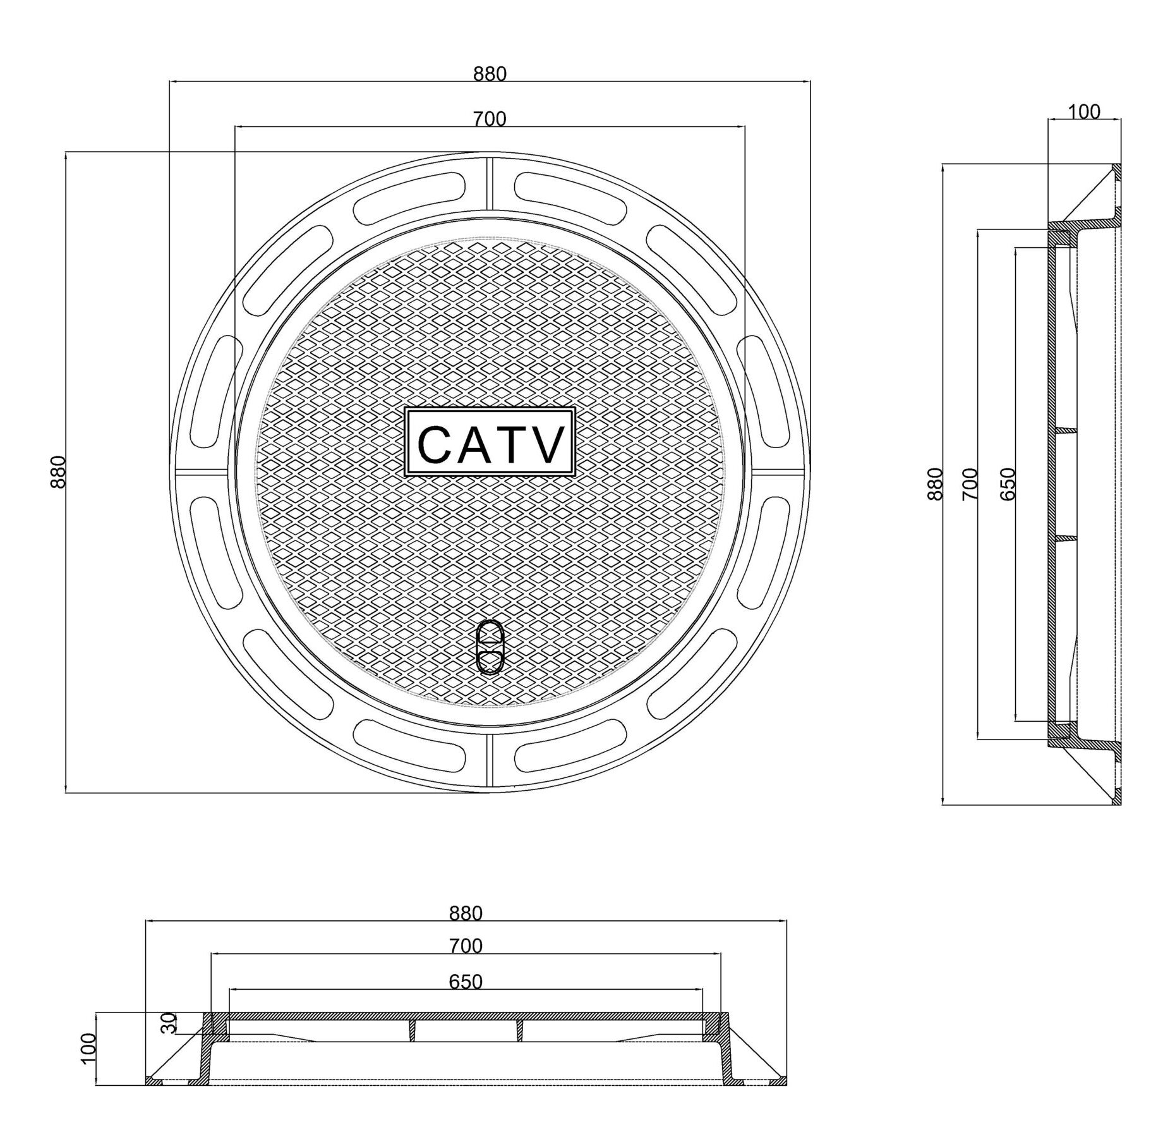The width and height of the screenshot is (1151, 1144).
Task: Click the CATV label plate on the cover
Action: click(x=489, y=442)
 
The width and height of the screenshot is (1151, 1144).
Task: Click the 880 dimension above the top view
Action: click(x=490, y=75)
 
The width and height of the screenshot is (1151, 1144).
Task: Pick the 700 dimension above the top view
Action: click(x=490, y=119)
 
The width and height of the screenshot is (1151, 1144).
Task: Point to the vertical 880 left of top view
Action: click(x=57, y=472)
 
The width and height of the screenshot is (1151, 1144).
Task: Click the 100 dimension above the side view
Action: click(x=1084, y=113)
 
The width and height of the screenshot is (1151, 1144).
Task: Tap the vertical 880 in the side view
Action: click(x=935, y=484)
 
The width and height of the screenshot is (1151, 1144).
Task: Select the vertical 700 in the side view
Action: click(x=970, y=484)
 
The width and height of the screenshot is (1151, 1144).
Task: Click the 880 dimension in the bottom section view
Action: click(x=466, y=914)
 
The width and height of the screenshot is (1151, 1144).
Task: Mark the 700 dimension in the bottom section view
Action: click(x=466, y=946)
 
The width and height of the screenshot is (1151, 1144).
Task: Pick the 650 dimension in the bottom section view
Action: click(x=466, y=982)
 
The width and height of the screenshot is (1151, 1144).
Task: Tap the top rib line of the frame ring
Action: click(x=490, y=183)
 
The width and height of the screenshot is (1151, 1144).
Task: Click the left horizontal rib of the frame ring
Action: click(x=201, y=472)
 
